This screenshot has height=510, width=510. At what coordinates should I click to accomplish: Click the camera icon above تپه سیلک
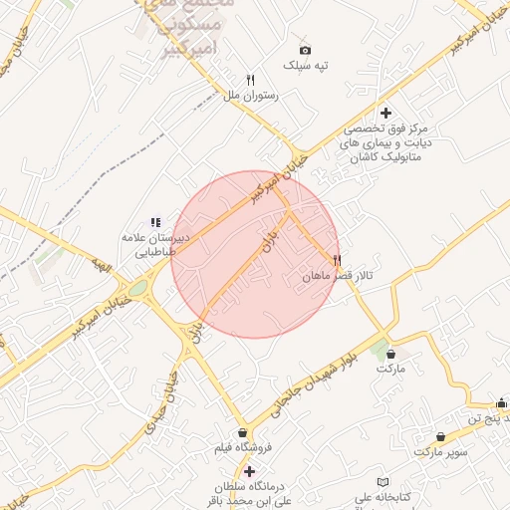pos(305,50)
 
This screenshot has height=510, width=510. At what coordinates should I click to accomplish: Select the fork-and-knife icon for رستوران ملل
pos(251,80)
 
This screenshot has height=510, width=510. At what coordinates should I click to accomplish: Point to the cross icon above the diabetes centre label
pos(386,113)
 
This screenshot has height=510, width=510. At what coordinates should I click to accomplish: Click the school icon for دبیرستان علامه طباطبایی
pos(154,222)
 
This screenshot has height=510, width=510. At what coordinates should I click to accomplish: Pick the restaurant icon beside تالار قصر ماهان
pos(321,259)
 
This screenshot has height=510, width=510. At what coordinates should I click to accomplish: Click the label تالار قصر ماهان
pos(338,276)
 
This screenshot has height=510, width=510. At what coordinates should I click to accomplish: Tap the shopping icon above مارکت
pos(390,353)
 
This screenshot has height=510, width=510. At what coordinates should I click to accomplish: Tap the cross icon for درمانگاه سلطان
pos(249,470)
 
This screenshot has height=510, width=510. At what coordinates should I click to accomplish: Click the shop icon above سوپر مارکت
pos(441,436)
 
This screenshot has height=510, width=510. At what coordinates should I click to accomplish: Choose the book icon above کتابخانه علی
pos(370,482)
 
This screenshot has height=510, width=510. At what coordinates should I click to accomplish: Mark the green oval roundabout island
pos(137,289)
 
